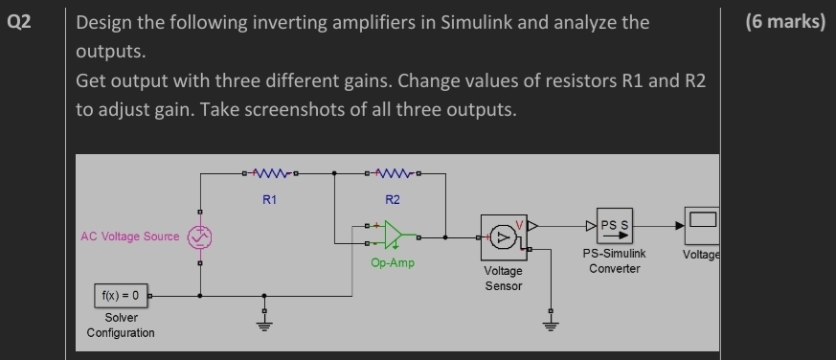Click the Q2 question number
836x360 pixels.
(18, 21)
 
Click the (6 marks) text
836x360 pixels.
(782, 21)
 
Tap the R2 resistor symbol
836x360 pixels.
(393, 174)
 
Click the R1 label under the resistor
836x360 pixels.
(269, 200)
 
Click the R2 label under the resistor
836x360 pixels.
(393, 200)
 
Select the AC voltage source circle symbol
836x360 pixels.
(199, 236)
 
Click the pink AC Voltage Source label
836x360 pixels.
(130, 236)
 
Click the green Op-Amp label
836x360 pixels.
(393, 262)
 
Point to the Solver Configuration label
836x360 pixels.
(121, 325)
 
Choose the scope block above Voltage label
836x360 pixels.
(702, 227)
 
